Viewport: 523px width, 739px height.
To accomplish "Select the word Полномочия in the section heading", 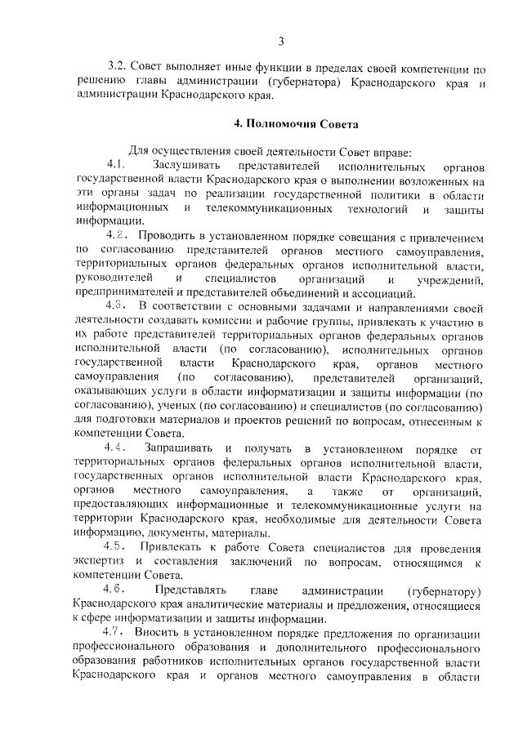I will click(x=289, y=125).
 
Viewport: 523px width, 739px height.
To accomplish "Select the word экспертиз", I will click(x=99, y=561).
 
